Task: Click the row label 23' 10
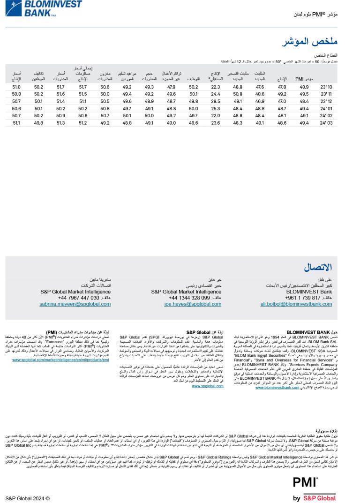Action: [326, 87]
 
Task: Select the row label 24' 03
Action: [326, 123]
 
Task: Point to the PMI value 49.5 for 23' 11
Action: [304, 94]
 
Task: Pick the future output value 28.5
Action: [216, 101]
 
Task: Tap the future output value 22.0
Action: [216, 115]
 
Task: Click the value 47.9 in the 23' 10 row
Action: [171, 87]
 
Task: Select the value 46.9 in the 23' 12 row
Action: [260, 101]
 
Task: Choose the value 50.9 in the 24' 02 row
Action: [60, 115]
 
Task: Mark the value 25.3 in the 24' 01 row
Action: [216, 108]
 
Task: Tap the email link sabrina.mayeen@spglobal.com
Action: [75, 304]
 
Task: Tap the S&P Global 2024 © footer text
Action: [27, 498]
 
